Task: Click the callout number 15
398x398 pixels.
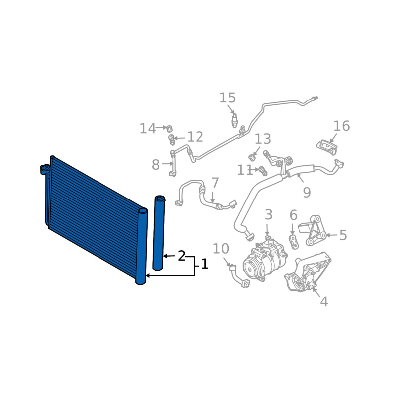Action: pos(228,98)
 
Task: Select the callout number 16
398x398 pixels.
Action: pos(341,126)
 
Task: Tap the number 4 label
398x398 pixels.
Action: pos(324,302)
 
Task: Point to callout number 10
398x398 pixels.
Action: pos(221,249)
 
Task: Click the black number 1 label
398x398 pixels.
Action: pos(205,264)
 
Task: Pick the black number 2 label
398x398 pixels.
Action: pos(181,256)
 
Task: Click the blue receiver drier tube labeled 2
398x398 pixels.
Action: pos(159,232)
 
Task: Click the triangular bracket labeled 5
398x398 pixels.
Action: pos(312,230)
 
